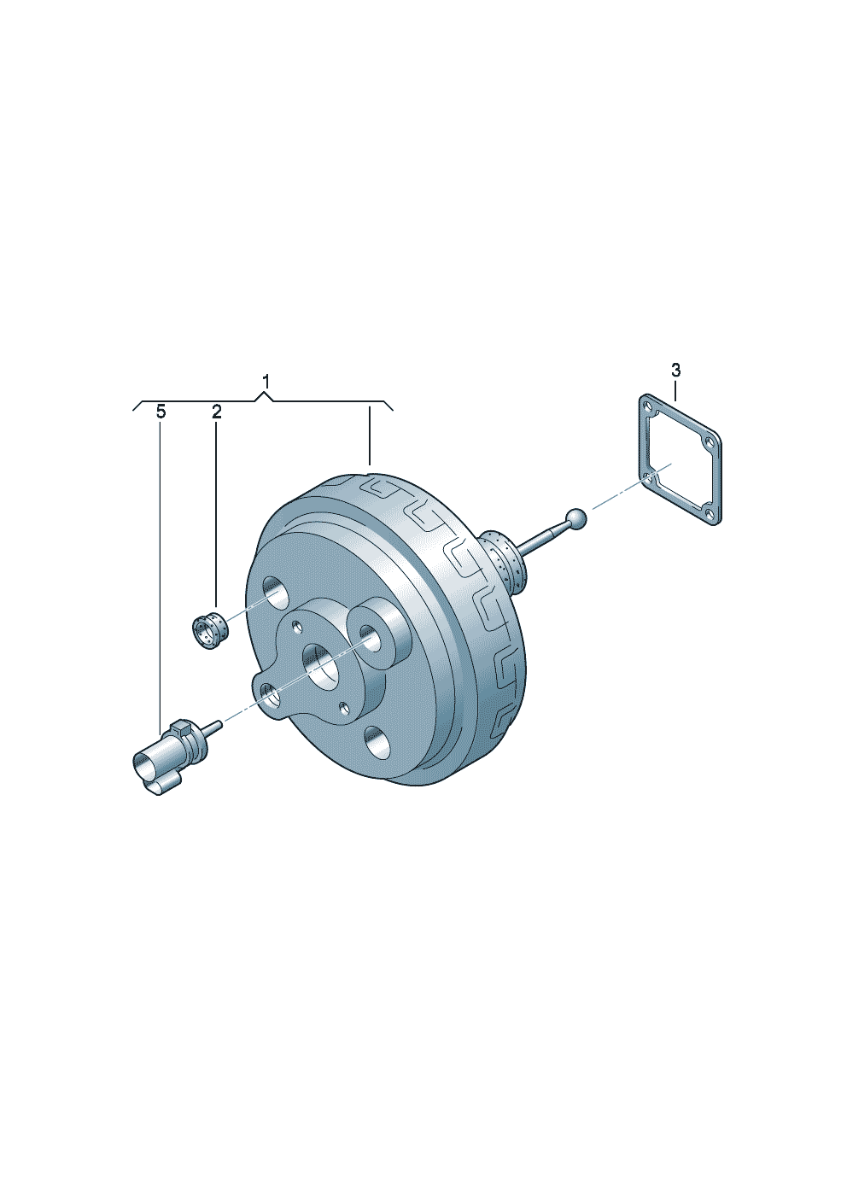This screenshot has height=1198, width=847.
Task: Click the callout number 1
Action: [266, 383]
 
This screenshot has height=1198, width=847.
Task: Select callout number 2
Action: [217, 412]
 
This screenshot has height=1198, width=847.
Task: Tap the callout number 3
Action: [675, 370]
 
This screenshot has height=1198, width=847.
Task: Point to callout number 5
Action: [161, 412]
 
